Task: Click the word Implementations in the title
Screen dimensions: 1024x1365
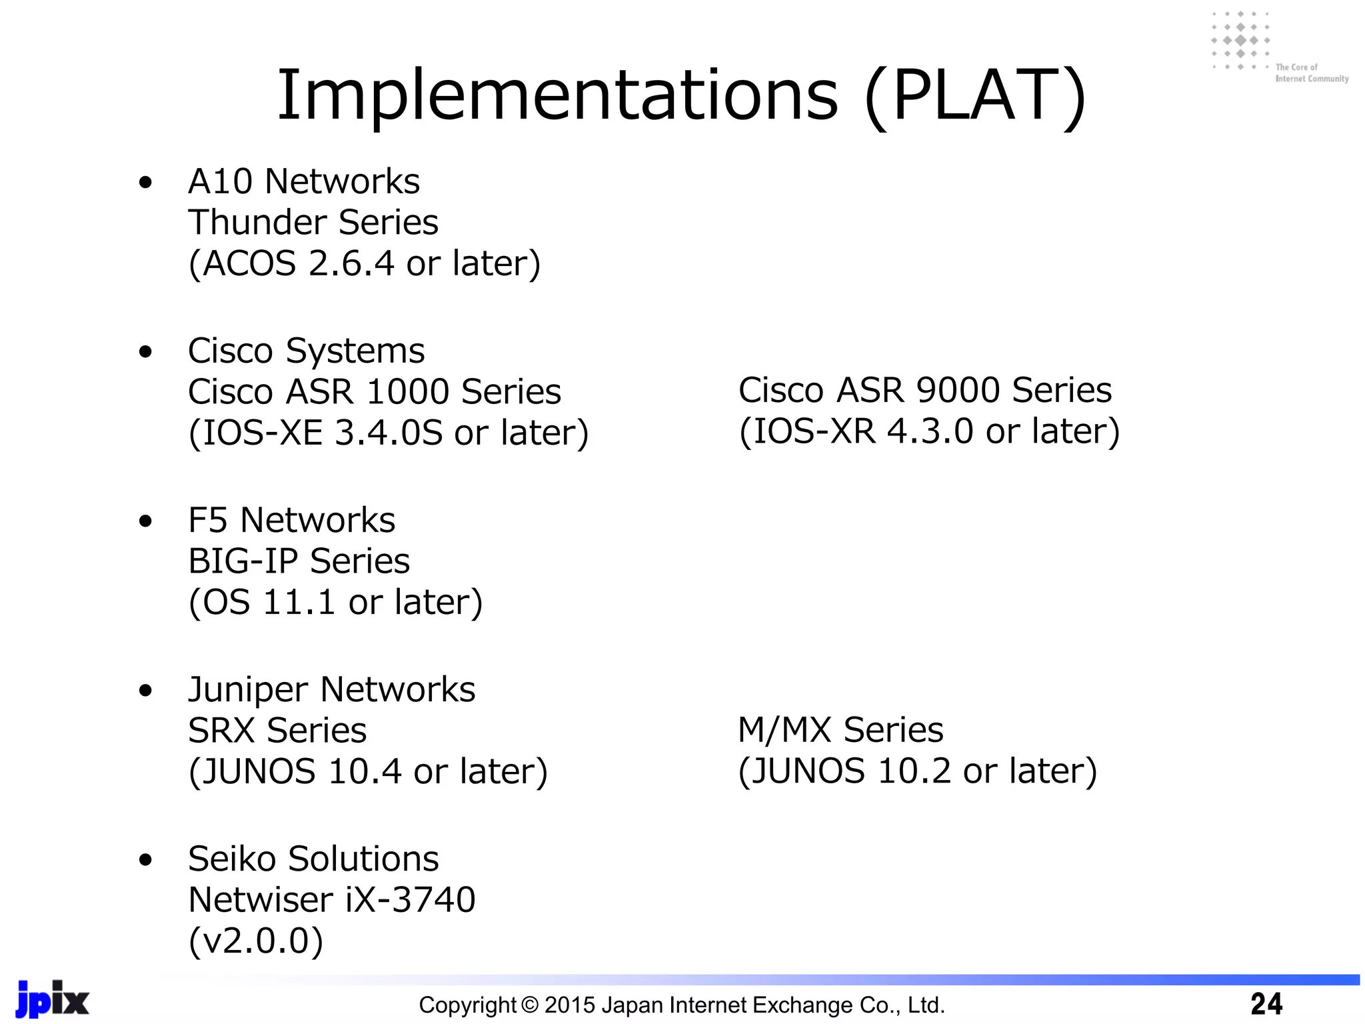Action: (x=557, y=97)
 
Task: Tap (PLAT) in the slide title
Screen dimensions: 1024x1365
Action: (x=975, y=97)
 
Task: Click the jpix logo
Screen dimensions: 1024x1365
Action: (x=52, y=999)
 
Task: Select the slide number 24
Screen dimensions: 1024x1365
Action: (x=1266, y=1004)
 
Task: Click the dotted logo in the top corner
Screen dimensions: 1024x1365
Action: (x=1240, y=41)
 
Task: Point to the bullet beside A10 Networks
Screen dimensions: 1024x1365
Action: (x=145, y=182)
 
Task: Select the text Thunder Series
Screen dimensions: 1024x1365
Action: (x=313, y=223)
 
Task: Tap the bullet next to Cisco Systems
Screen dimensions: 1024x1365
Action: (x=145, y=351)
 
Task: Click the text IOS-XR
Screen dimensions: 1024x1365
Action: (x=814, y=431)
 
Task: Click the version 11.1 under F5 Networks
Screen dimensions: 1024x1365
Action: (x=297, y=602)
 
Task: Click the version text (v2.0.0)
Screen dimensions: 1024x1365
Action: (x=256, y=941)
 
